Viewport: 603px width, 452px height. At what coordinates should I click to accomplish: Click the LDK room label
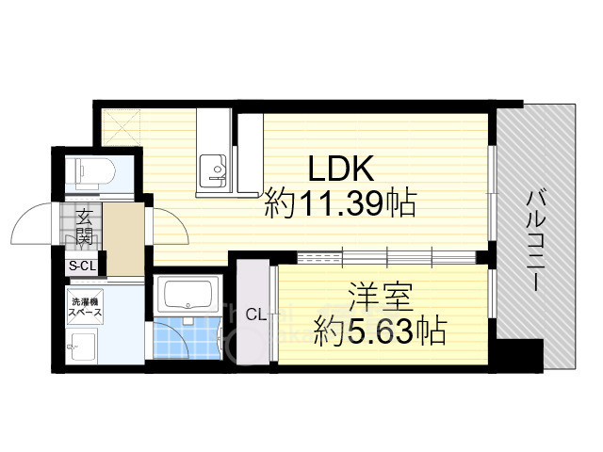click(x=344, y=170)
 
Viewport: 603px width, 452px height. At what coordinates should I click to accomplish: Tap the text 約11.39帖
click(x=340, y=204)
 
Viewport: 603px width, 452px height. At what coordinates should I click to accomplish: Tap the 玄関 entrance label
click(x=84, y=228)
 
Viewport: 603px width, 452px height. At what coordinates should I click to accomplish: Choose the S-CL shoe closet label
click(x=82, y=266)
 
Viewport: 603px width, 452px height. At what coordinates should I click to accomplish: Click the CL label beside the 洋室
click(x=254, y=315)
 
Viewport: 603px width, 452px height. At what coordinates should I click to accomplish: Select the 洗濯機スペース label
click(x=84, y=310)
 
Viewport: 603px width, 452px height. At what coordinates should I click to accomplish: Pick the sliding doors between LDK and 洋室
click(x=386, y=255)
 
